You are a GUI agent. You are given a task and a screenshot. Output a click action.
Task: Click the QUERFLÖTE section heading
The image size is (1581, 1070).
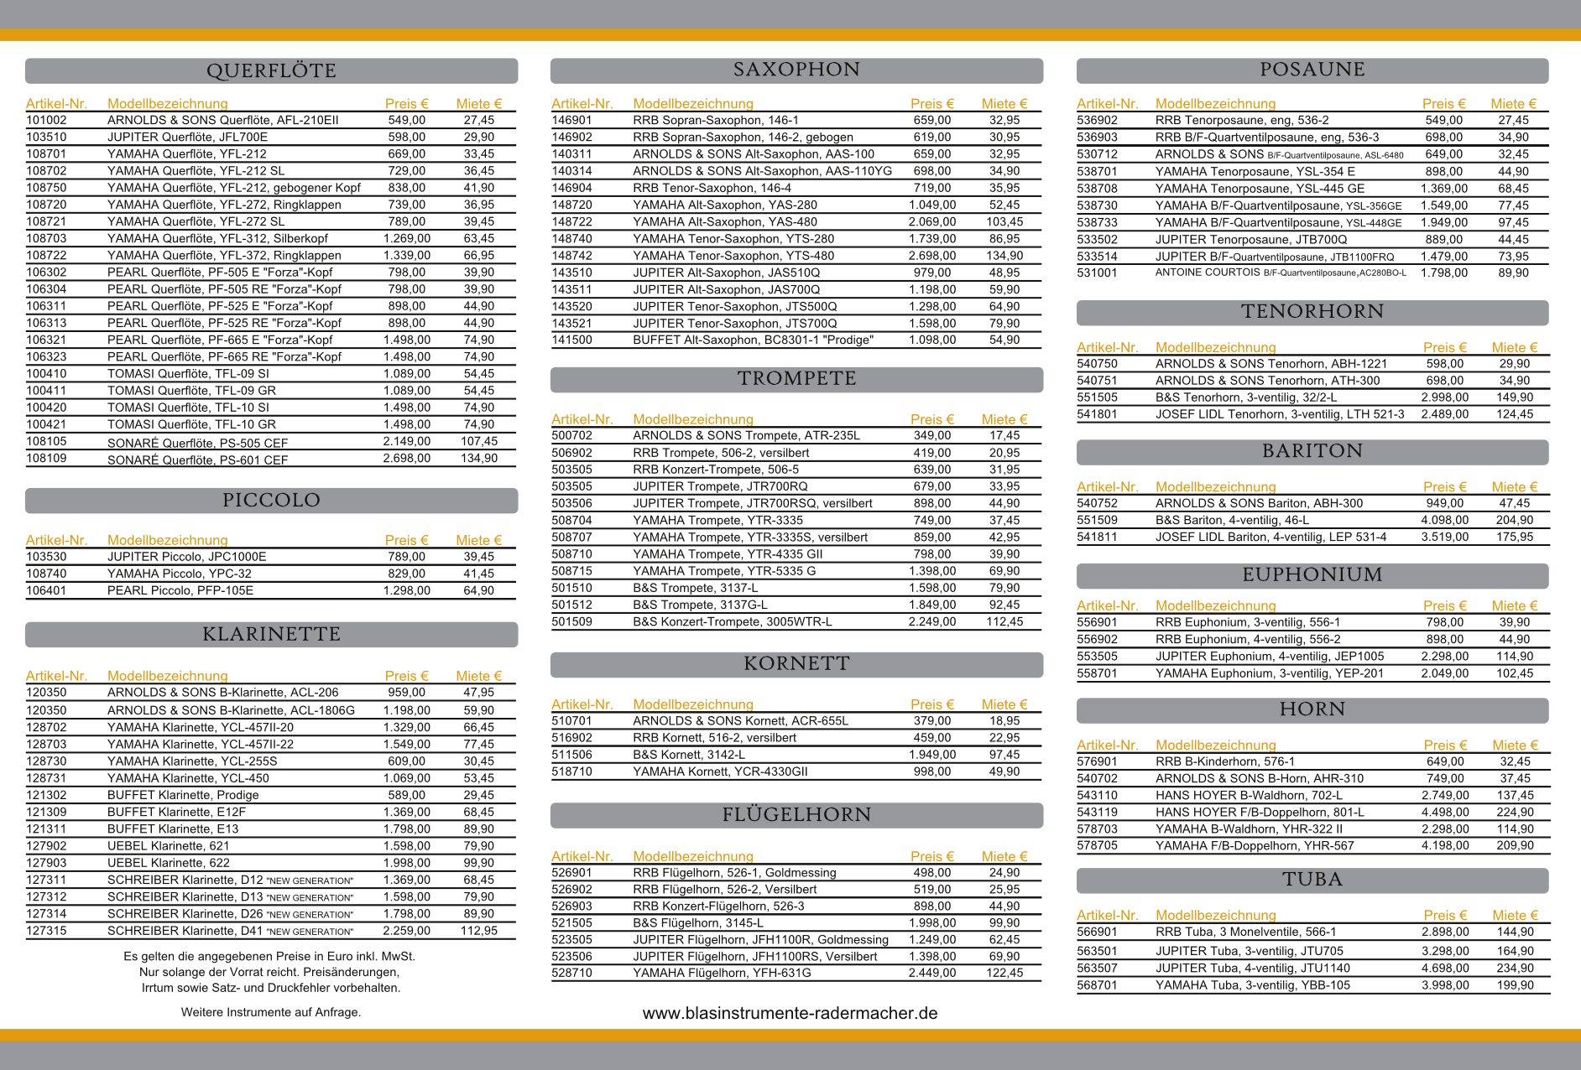(x=271, y=70)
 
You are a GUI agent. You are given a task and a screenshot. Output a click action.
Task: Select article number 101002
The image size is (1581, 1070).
(x=46, y=120)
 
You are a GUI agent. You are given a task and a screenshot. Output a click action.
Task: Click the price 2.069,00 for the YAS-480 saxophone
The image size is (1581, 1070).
(x=931, y=221)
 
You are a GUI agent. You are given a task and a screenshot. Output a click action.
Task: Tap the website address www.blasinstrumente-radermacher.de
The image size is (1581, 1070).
(x=790, y=1013)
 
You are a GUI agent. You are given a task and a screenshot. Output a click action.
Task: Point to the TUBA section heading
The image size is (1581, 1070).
(x=1312, y=880)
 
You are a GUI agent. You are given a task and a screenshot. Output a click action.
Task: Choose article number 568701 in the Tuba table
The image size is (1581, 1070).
(x=1097, y=985)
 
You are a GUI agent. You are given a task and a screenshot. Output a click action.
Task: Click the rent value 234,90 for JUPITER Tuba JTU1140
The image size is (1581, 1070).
(x=1515, y=968)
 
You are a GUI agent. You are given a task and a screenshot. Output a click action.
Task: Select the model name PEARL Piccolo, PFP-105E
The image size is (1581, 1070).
(x=180, y=590)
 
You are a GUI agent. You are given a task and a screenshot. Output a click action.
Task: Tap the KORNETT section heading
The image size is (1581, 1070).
(x=796, y=664)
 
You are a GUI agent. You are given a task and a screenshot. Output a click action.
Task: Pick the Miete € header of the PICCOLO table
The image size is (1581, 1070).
(x=478, y=540)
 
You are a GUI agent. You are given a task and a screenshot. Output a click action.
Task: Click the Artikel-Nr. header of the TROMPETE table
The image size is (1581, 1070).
(x=582, y=418)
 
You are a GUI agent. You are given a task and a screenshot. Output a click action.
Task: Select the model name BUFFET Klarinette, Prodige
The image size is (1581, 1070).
(x=183, y=795)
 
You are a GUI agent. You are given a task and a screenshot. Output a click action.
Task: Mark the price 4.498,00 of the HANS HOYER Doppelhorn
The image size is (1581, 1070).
(x=1445, y=812)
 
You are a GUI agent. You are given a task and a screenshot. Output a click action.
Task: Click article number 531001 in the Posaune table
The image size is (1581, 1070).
(x=1097, y=273)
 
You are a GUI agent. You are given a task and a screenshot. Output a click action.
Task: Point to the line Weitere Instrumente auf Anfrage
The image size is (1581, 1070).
(x=271, y=1012)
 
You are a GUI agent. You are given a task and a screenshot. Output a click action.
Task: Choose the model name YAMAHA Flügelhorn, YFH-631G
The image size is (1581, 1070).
(x=722, y=973)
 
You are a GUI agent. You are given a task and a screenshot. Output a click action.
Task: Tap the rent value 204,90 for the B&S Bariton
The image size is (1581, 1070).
(x=1515, y=520)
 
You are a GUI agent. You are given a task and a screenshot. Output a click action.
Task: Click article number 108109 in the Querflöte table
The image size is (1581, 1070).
(x=46, y=458)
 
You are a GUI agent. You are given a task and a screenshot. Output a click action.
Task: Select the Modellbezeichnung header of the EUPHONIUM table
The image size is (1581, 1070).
(x=1215, y=605)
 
